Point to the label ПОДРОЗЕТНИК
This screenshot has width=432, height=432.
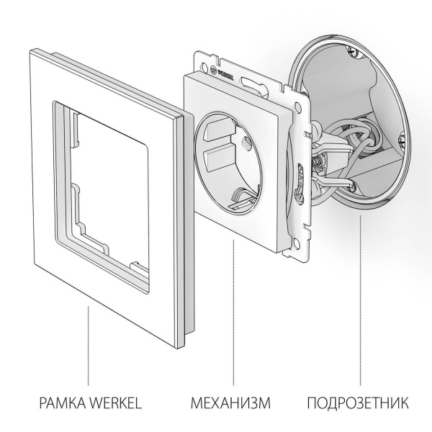pos(359,401)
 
